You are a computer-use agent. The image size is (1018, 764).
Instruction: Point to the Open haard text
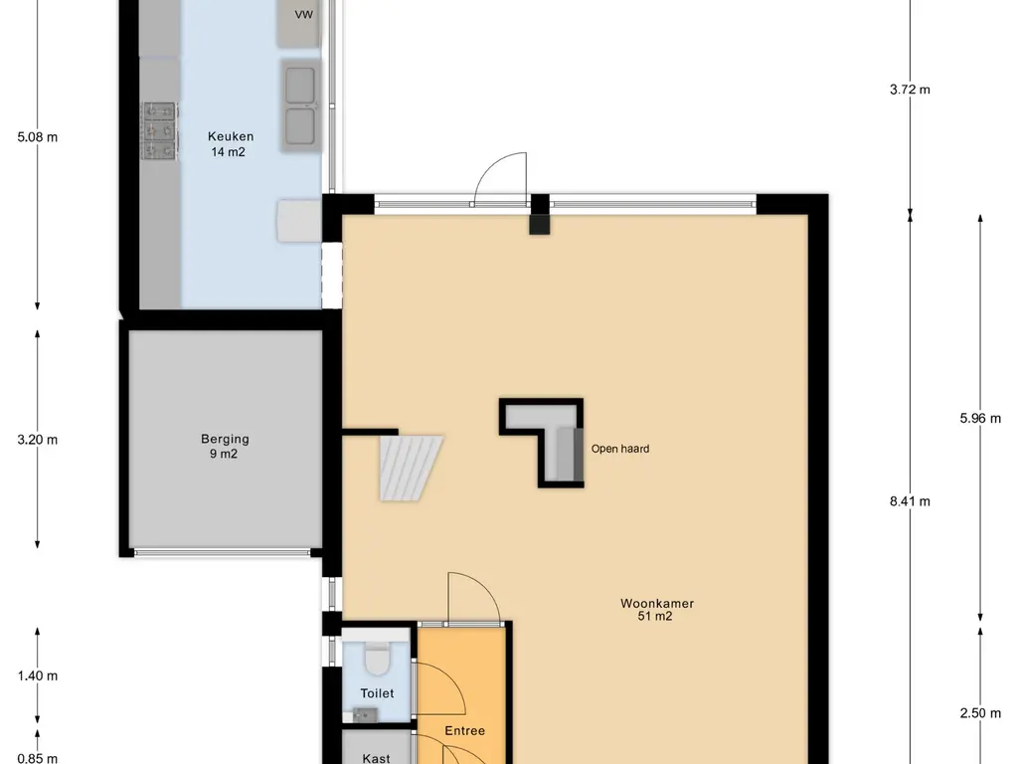pyautogui.click(x=620, y=449)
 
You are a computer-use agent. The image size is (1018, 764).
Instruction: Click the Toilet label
pyautogui.click(x=377, y=693)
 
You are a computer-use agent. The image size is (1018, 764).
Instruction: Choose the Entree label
pyautogui.click(x=465, y=731)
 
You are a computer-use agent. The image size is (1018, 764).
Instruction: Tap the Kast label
pyautogui.click(x=376, y=758)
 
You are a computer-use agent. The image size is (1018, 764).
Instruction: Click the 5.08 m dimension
pyautogui.click(x=38, y=137)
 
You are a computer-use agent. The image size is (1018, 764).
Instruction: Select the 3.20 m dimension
pyautogui.click(x=38, y=440)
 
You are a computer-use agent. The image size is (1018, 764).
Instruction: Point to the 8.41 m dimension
pyautogui.click(x=910, y=501)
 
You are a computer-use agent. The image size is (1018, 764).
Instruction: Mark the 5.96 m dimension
pyautogui.click(x=980, y=419)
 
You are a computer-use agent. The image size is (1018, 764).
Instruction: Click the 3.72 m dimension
pyautogui.click(x=910, y=90)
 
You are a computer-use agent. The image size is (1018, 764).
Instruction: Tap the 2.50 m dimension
pyautogui.click(x=980, y=713)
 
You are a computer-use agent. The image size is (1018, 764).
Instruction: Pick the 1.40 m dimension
pyautogui.click(x=38, y=675)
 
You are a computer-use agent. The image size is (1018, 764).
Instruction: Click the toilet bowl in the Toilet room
pyautogui.click(x=377, y=659)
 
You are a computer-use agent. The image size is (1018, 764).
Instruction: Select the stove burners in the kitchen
pyautogui.click(x=160, y=130)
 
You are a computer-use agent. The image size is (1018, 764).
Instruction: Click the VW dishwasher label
pyautogui.click(x=304, y=14)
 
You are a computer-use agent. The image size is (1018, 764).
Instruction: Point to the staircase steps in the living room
pyautogui.click(x=411, y=468)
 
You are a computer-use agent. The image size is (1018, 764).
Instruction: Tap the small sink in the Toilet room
pyautogui.click(x=365, y=715)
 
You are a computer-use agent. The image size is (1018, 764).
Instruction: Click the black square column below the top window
pyautogui.click(x=540, y=224)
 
